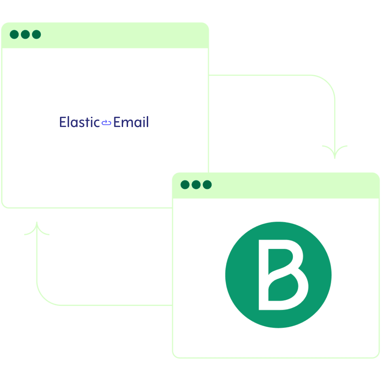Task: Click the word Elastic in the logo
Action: coord(80,122)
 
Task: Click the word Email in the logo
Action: coord(131,122)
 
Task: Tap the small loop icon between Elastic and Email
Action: coord(107,123)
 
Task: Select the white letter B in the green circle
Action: coord(283,275)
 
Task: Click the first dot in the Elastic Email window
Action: coord(14,35)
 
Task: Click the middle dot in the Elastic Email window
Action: coord(25,35)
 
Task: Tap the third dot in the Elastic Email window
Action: coord(36,35)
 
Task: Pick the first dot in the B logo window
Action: coord(185,185)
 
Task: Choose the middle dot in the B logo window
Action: coord(196,185)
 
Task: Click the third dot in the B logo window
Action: coord(207,185)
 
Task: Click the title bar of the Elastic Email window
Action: coord(105,35)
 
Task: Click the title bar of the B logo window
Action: coord(276,186)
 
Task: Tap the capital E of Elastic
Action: coord(63,122)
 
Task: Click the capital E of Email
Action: coord(117,122)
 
